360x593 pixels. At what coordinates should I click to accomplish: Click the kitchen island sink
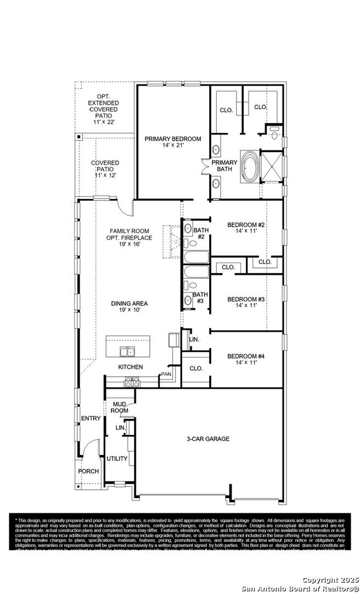pyautogui.click(x=128, y=352)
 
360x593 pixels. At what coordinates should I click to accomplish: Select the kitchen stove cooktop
pyautogui.click(x=132, y=381)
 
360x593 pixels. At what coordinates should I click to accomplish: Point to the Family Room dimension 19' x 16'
pyautogui.click(x=130, y=244)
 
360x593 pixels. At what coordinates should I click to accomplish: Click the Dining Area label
pyautogui.click(x=130, y=303)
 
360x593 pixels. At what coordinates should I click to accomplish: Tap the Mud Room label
pyautogui.click(x=119, y=407)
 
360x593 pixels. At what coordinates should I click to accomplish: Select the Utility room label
pyautogui.click(x=117, y=458)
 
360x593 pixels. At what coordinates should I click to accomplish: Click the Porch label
pyautogui.click(x=88, y=471)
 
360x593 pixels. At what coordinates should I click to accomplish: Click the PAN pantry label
pyautogui.click(x=166, y=374)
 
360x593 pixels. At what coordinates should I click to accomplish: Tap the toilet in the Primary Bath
pyautogui.click(x=274, y=131)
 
